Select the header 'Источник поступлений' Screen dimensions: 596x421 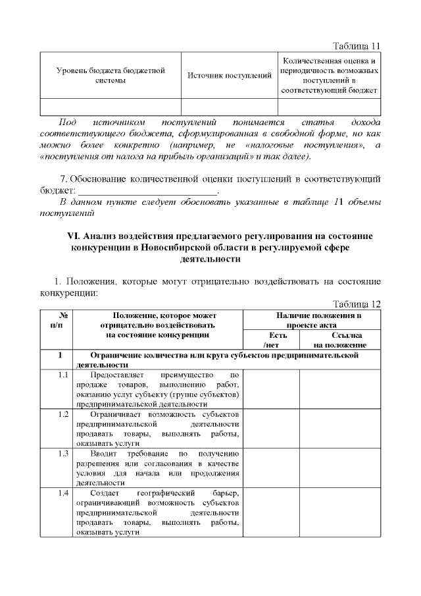coord(230,76)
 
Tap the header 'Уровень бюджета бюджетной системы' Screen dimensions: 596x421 coord(111,75)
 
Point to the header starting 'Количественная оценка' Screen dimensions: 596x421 coord(329,75)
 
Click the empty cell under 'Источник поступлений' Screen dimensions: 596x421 coord(230,107)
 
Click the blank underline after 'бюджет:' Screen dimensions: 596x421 coord(147,191)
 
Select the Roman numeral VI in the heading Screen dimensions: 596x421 coord(73,236)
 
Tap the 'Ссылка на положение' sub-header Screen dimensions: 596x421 coord(339,340)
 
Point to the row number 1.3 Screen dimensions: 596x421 coord(63,454)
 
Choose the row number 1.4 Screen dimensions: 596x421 coord(63,494)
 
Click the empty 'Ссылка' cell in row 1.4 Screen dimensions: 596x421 coord(339,513)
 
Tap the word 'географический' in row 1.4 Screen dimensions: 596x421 coord(164,494)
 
